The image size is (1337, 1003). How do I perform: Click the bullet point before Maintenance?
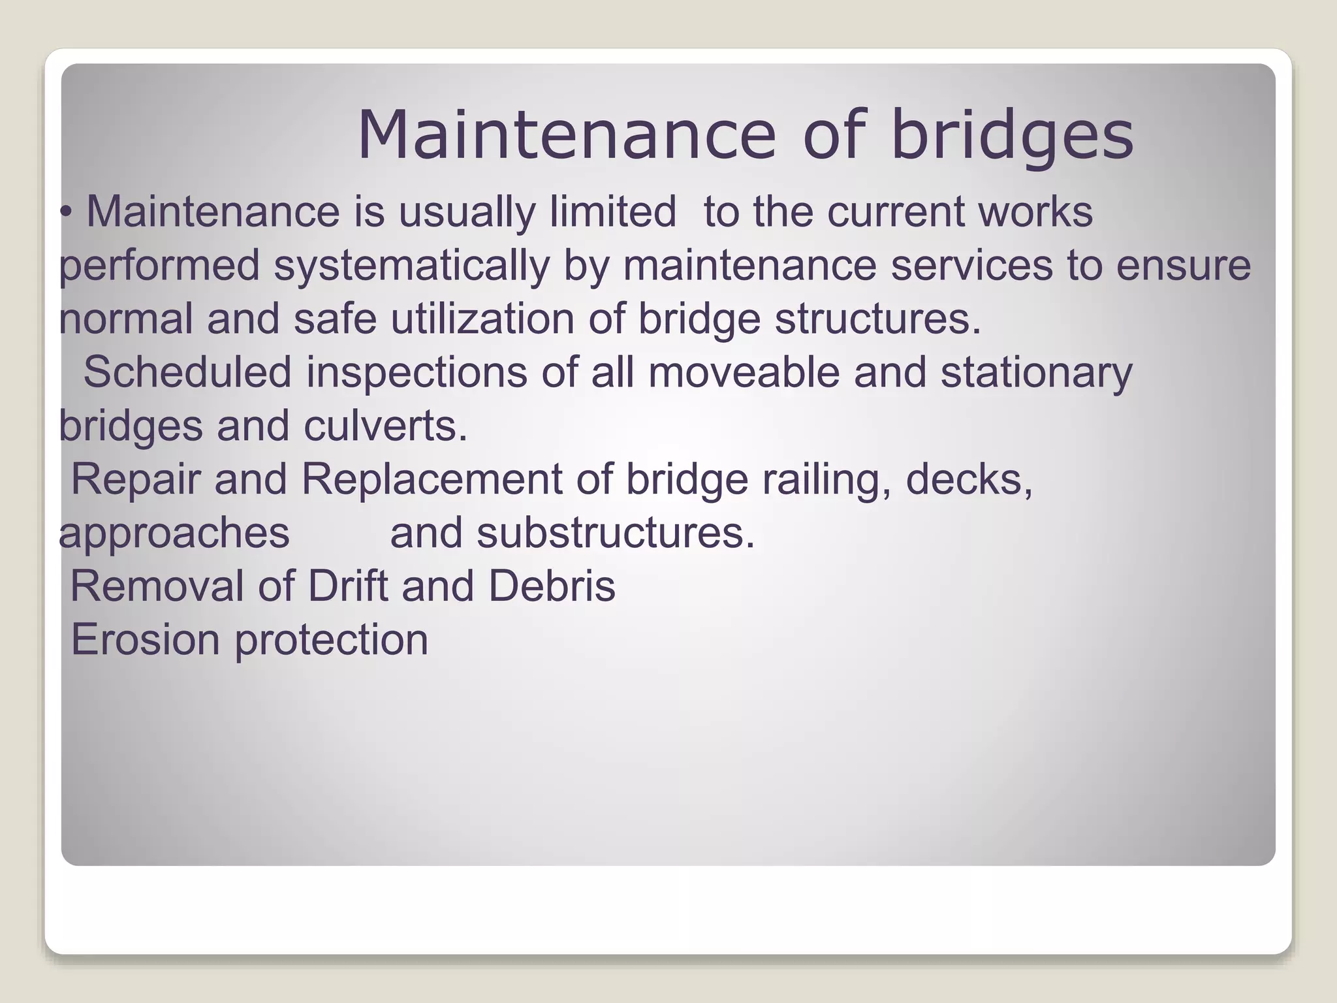pyautogui.click(x=66, y=213)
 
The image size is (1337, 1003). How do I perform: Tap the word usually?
pyautogui.click(x=466, y=213)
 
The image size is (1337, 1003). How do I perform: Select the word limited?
pyautogui.click(x=612, y=212)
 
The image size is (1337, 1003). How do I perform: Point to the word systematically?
pyautogui.click(x=411, y=266)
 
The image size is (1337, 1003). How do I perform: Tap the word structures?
pyautogui.click(x=877, y=319)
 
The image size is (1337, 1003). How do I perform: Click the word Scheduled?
pyautogui.click(x=187, y=372)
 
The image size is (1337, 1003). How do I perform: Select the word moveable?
pyautogui.click(x=744, y=372)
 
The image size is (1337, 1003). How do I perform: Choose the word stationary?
pyautogui.click(x=1036, y=374)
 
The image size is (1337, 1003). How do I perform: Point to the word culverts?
pyautogui.click(x=385, y=426)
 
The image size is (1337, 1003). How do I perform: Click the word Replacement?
pyautogui.click(x=431, y=479)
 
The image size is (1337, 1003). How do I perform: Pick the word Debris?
pyautogui.click(x=552, y=586)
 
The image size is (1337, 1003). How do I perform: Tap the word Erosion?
pyautogui.click(x=145, y=639)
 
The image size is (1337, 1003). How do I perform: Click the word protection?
pyautogui.click(x=331, y=641)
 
